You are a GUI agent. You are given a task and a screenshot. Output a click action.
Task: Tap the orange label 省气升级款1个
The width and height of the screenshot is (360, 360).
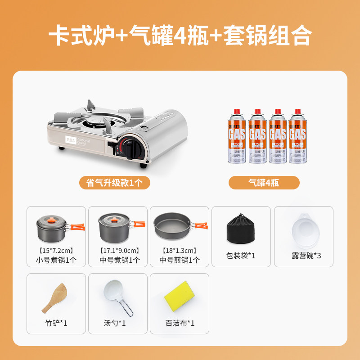[x=112, y=183]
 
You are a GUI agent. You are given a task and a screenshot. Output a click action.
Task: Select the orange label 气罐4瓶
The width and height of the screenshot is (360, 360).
[x=264, y=183]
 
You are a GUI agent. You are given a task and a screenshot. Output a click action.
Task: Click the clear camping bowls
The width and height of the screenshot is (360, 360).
[x=304, y=228]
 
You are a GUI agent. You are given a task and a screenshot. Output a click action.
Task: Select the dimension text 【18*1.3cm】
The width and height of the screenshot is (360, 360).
[x=180, y=250]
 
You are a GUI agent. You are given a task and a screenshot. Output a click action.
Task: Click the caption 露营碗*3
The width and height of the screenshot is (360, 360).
[x=306, y=256]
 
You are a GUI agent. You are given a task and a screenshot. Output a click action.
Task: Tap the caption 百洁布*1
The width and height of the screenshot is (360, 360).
[x=180, y=323]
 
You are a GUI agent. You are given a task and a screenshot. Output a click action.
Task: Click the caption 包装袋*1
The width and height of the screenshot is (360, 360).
[x=241, y=256]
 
